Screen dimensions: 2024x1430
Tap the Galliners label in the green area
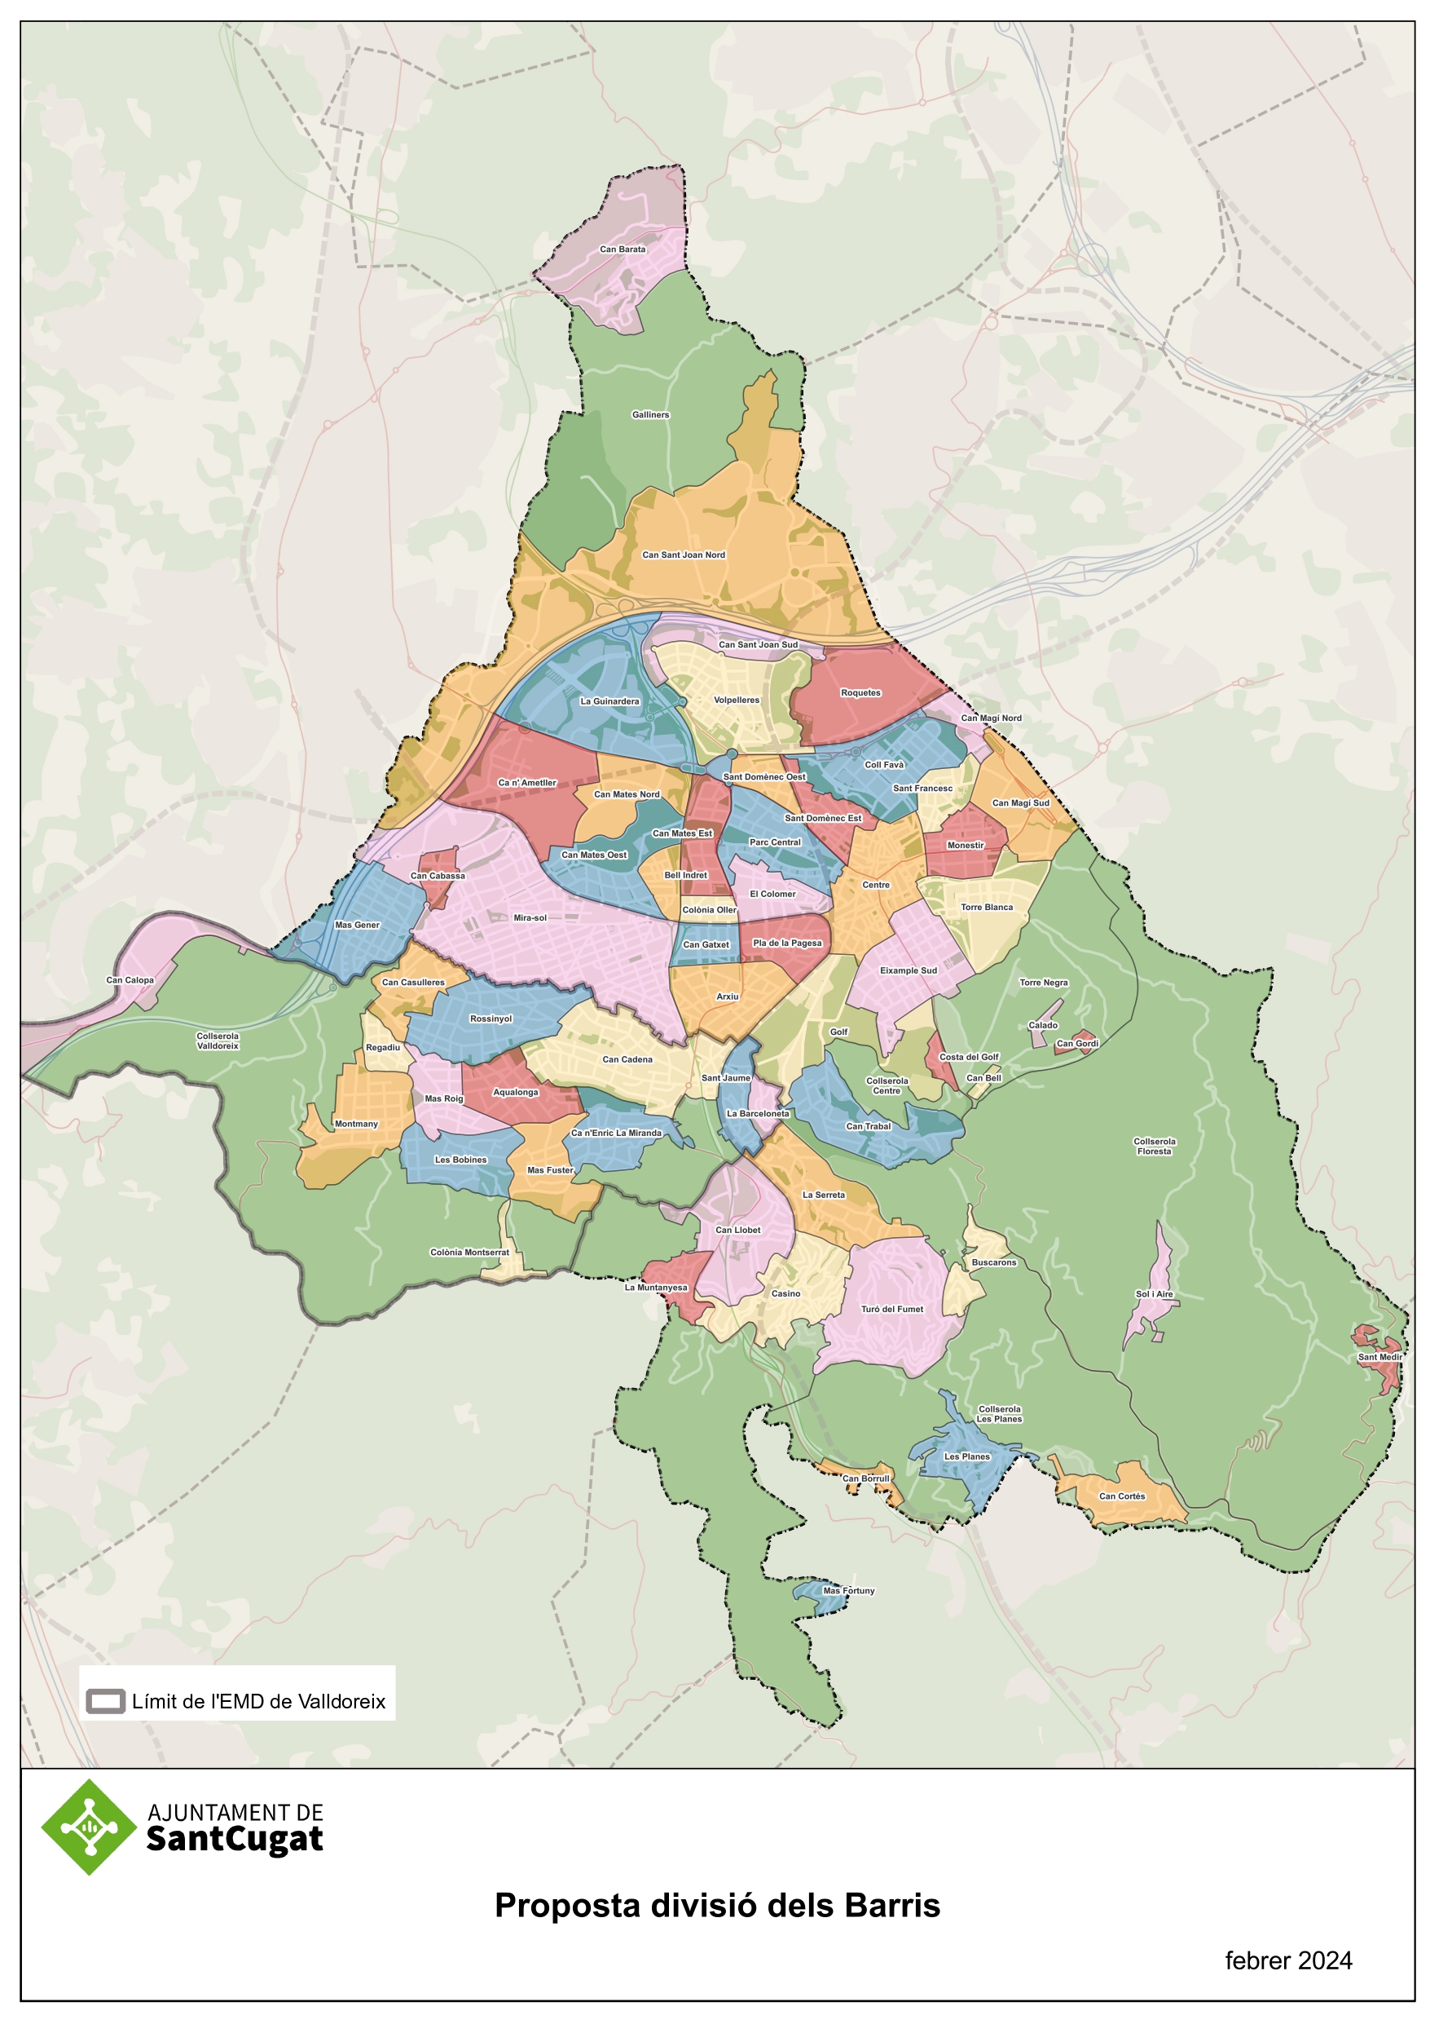[x=650, y=414]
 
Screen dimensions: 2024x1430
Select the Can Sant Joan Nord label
[x=683, y=555]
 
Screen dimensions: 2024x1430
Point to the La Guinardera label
[x=609, y=701]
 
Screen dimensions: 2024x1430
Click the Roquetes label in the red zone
[x=860, y=693]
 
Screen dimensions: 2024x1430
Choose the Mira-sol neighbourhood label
[x=530, y=917]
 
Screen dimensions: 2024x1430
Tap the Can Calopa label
[x=130, y=980]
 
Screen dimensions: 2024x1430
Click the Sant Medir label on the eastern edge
[x=1379, y=1358]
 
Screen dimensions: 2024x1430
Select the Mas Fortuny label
[x=848, y=1591]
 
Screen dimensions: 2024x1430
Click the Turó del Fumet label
[x=891, y=1310]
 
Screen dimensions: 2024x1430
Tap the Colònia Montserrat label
[x=469, y=1253]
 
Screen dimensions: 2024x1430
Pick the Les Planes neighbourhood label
[x=966, y=1457]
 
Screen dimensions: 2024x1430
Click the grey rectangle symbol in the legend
[x=106, y=1701]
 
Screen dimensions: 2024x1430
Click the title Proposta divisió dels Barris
[x=716, y=1906]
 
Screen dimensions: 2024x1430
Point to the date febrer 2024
[x=1287, y=1961]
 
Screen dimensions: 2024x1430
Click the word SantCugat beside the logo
[x=235, y=1840]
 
